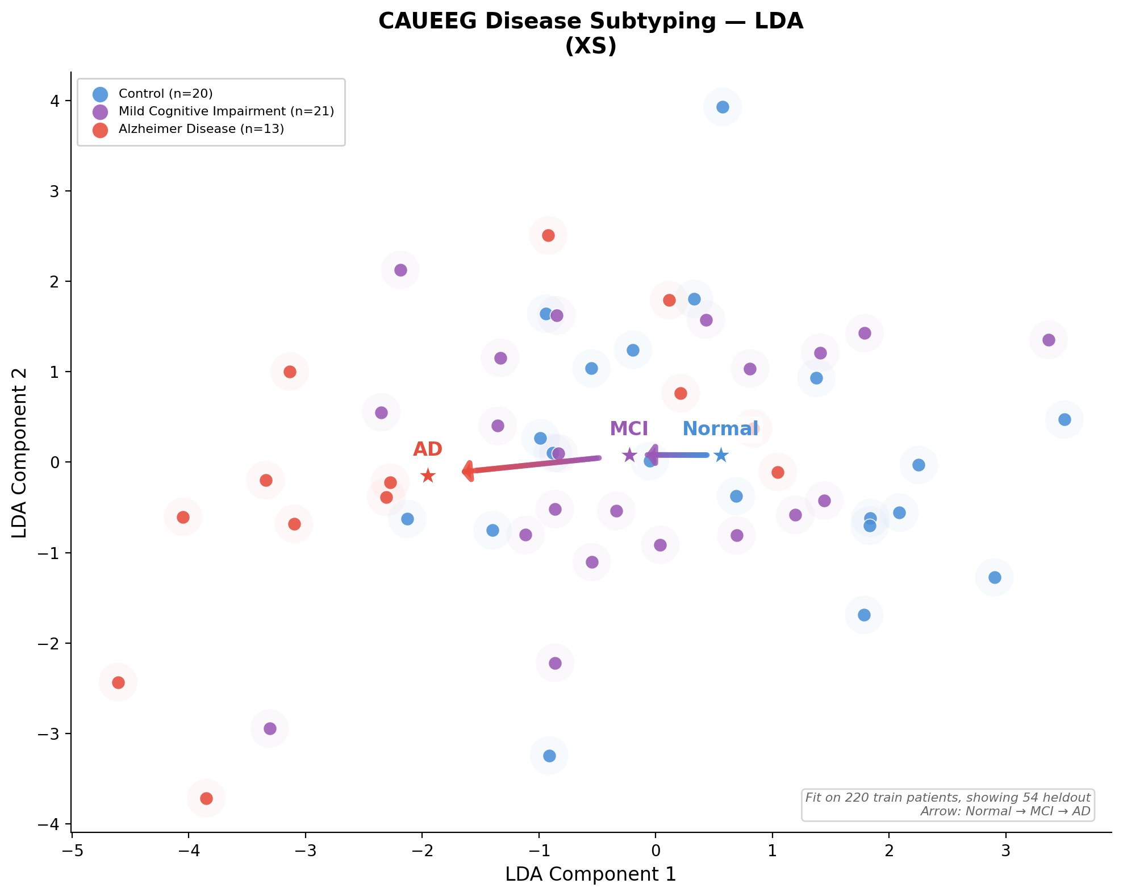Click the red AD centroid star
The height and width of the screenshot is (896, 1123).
click(428, 476)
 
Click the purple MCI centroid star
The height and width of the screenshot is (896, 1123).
click(629, 455)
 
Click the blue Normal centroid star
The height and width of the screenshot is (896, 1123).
click(721, 455)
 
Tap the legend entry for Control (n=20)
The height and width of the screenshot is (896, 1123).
click(165, 94)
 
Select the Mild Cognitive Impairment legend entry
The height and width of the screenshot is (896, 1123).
click(226, 111)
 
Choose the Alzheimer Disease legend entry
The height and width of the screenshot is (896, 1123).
click(201, 129)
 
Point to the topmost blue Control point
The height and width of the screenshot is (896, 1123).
click(723, 107)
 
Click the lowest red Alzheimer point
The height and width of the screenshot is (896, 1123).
click(206, 798)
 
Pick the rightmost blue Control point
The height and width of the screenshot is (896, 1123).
click(1064, 419)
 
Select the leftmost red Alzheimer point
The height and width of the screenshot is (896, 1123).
click(118, 682)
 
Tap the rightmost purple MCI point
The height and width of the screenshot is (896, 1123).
click(1049, 340)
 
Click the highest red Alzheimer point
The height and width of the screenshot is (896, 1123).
click(548, 235)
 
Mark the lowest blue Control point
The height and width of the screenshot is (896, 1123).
click(549, 756)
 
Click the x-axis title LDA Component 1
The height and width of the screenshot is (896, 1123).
click(591, 874)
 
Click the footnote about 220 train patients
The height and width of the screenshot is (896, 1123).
click(947, 798)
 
